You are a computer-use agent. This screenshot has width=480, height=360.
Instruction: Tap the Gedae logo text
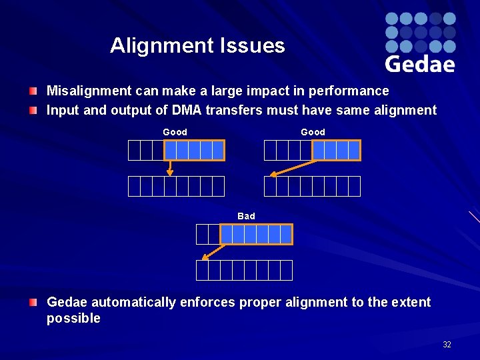420,64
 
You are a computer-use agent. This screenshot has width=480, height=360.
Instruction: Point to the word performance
353,91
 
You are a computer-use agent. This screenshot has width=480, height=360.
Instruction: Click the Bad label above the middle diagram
246,216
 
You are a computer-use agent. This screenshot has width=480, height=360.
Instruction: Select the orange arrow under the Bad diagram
213,252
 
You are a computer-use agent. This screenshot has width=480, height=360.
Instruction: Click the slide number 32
447,345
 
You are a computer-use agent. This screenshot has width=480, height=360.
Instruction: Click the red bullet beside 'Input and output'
33,110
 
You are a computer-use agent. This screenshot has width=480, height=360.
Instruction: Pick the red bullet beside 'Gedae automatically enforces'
33,303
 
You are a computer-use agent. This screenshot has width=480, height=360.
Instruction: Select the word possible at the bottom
73,319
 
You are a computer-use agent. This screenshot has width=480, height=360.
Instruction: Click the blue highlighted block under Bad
256,235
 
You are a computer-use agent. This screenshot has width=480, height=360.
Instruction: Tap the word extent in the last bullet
411,303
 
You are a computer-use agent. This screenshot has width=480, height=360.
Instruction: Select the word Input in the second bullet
62,110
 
